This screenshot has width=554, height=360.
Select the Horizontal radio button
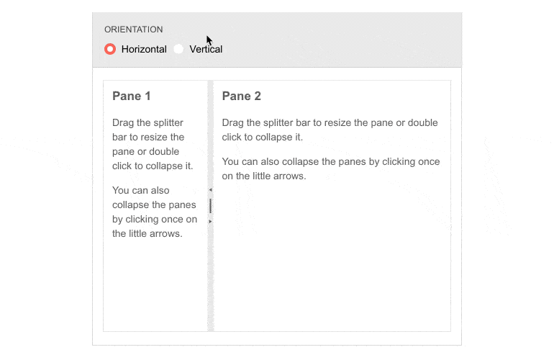pyautogui.click(x=110, y=49)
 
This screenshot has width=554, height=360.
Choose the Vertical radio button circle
pyautogui.click(x=178, y=49)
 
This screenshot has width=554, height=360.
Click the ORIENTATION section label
pyautogui.click(x=134, y=30)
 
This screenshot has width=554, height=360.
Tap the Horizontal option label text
pyautogui.click(x=144, y=49)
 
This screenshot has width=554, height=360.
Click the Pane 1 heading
pyautogui.click(x=132, y=96)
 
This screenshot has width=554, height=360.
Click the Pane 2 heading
pyautogui.click(x=241, y=96)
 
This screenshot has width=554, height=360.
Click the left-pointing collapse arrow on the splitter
pyautogui.click(x=210, y=190)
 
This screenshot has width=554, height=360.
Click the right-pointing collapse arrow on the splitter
pyautogui.click(x=210, y=221)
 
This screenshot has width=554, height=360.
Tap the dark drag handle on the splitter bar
pyautogui.click(x=211, y=206)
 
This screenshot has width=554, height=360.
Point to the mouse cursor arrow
pyautogui.click(x=209, y=40)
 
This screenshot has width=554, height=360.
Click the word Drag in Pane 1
pyautogui.click(x=123, y=123)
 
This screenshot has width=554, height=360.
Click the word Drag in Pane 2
pyautogui.click(x=232, y=123)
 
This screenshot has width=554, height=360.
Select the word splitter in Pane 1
pyautogui.click(x=168, y=122)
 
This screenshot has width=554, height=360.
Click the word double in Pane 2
pyautogui.click(x=422, y=122)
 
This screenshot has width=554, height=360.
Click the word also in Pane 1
pyautogui.click(x=160, y=190)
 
